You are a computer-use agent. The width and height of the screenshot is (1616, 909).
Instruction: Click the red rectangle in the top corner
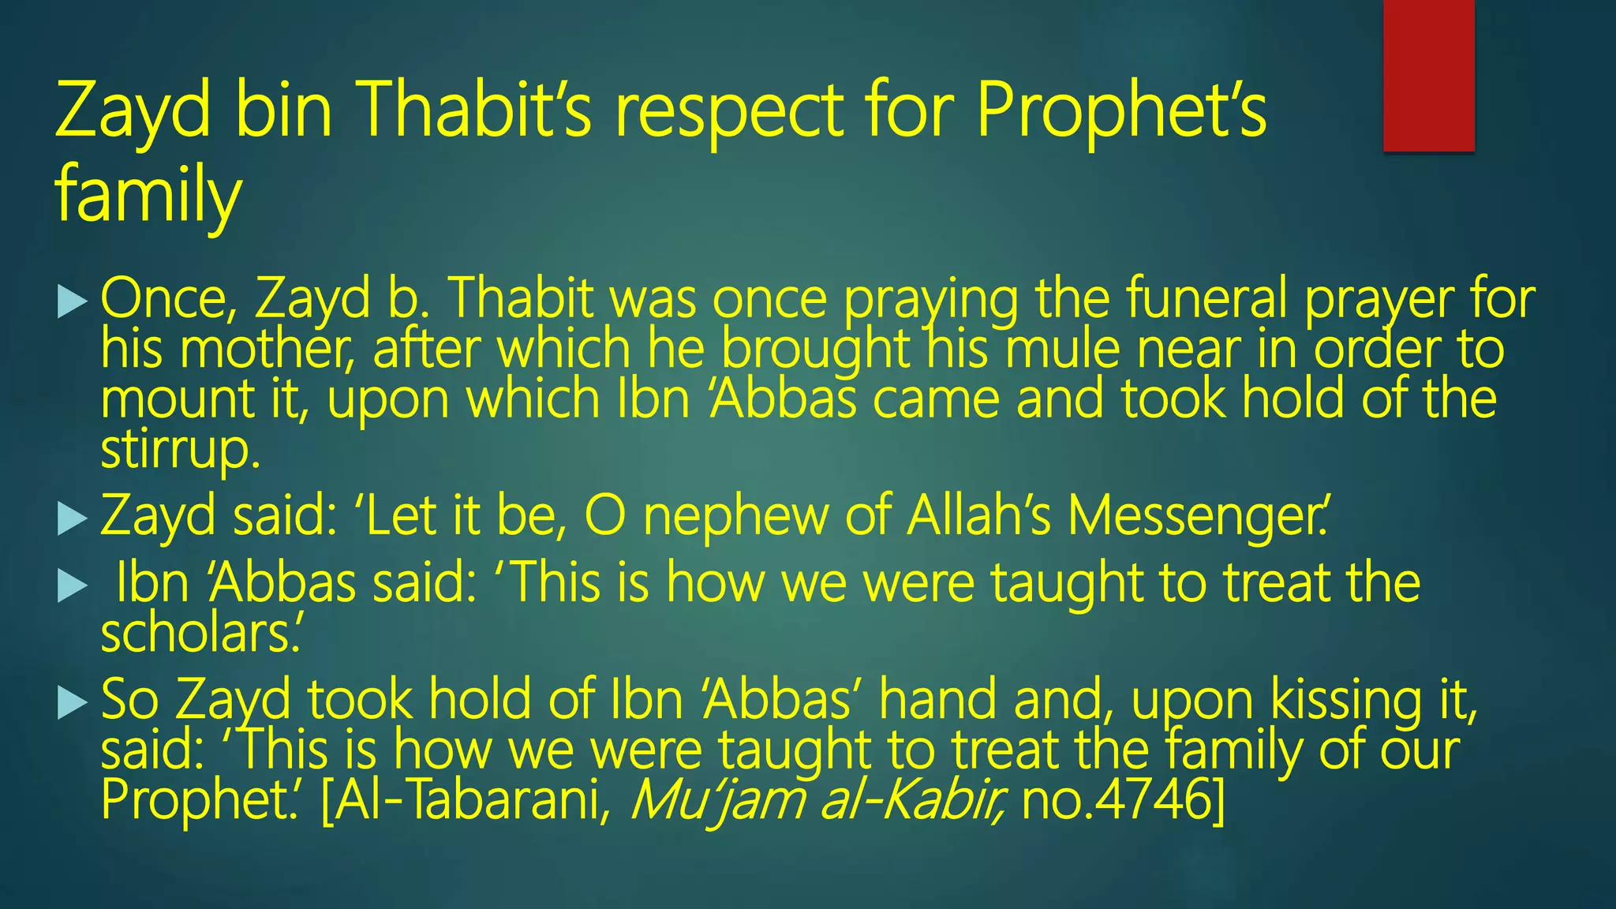pos(1428,75)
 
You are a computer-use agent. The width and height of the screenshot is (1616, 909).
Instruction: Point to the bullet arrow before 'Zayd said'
pos(73,519)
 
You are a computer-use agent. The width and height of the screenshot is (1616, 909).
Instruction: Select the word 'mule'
pos(1062,350)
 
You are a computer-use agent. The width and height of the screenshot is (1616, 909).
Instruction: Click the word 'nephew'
pos(735,516)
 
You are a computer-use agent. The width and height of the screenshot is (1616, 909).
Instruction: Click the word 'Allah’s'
pos(978,516)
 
